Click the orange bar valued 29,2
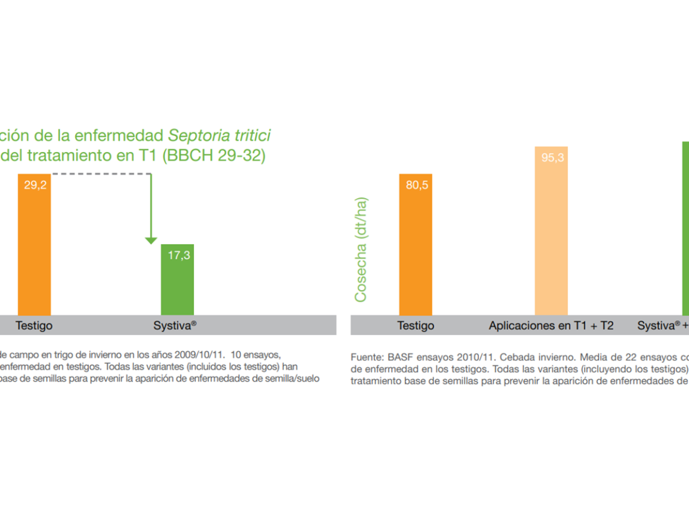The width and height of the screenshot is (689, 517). click(x=34, y=245)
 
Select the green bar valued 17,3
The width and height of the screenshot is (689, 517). click(x=177, y=280)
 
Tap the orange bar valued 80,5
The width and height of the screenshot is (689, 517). click(x=416, y=245)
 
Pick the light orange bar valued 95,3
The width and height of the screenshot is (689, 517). click(x=551, y=231)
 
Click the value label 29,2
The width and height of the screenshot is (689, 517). click(x=35, y=185)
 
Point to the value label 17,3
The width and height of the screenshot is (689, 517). click(x=179, y=255)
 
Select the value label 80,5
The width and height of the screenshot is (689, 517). click(x=417, y=185)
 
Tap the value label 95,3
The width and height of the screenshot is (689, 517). click(x=552, y=157)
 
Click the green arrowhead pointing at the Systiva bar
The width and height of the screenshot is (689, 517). click(x=151, y=241)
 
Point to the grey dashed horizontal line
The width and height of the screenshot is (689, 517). click(x=102, y=173)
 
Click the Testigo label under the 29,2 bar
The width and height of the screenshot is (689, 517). click(x=34, y=326)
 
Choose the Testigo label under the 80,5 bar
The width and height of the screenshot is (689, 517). click(x=416, y=326)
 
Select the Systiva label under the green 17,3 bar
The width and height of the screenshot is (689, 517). click(x=175, y=325)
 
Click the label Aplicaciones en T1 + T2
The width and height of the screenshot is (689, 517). click(x=551, y=326)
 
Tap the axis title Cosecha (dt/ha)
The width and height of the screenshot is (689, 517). click(x=361, y=249)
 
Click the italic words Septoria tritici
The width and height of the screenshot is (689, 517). click(x=219, y=136)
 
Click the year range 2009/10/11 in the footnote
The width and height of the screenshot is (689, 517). click(x=200, y=354)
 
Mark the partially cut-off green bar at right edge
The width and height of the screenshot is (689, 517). click(x=686, y=229)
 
